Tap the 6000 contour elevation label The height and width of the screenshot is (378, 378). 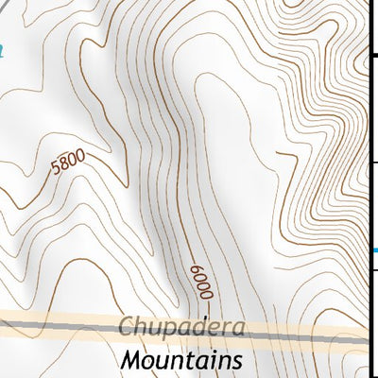(x=198, y=282)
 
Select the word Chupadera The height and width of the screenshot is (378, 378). (x=182, y=329)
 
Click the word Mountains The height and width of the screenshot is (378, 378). (x=181, y=360)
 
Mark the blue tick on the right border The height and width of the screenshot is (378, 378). (x=372, y=250)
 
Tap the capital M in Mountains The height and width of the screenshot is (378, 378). (x=131, y=360)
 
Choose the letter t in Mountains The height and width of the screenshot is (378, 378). (x=193, y=360)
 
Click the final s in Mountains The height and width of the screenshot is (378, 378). (x=236, y=361)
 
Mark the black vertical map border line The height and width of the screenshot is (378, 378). (x=368, y=189)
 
